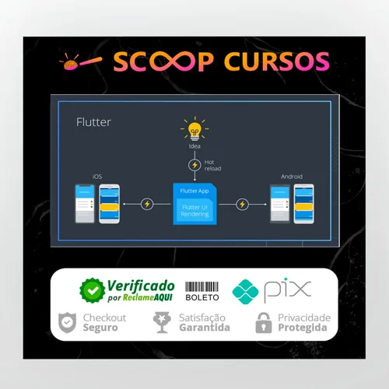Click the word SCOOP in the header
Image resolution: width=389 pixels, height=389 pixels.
tap(163, 61)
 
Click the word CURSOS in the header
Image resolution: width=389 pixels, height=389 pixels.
tap(277, 61)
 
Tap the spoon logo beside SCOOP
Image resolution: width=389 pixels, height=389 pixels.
tap(80, 61)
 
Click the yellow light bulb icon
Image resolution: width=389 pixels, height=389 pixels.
tap(194, 129)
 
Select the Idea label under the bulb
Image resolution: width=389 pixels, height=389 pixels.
tap(194, 146)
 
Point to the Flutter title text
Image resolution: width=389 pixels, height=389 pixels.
tap(93, 122)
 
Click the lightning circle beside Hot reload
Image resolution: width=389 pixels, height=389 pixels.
tap(194, 165)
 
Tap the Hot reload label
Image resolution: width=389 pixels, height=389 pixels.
tap(212, 166)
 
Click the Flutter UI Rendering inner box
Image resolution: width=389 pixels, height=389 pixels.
tap(194, 210)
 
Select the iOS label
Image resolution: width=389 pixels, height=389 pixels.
tap(97, 177)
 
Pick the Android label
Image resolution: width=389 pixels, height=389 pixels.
tap(292, 177)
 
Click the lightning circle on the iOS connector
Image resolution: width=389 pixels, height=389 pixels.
tap(147, 204)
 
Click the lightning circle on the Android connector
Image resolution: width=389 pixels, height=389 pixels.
tap(242, 205)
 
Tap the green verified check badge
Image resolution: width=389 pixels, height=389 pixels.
tap(93, 290)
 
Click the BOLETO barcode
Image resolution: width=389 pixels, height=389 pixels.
tap(202, 287)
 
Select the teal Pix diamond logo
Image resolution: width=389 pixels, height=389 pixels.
tap(245, 292)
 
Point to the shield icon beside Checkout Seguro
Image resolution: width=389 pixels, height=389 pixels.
tap(67, 323)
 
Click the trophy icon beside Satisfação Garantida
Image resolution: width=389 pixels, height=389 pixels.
tap(162, 322)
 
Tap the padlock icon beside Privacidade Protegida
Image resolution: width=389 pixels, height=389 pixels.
tap(264, 323)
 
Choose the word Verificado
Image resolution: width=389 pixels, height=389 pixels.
tap(141, 286)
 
